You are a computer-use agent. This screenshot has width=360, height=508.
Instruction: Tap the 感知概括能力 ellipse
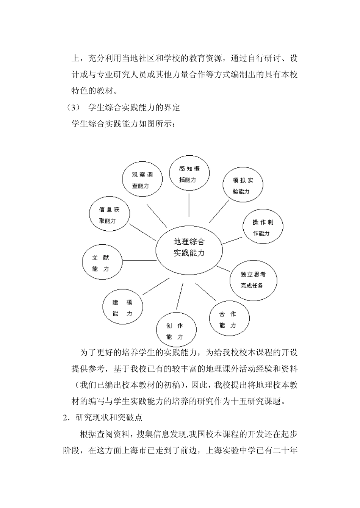189,174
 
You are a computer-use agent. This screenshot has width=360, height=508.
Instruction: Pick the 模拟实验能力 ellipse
243,186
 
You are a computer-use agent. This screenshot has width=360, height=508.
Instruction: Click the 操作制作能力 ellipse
263,228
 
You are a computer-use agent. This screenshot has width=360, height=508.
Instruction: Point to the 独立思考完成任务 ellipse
253,280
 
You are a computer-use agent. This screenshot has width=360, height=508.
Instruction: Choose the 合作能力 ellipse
229,319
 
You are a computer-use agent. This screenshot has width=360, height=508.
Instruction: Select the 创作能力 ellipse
175,331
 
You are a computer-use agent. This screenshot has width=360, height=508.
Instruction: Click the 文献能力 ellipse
101,263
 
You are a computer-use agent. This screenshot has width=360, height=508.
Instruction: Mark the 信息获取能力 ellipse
109,215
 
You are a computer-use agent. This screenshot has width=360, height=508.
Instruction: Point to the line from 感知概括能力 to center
189,205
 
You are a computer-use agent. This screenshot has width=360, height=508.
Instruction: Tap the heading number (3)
72,108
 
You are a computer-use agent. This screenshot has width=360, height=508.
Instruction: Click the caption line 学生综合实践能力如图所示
123,123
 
